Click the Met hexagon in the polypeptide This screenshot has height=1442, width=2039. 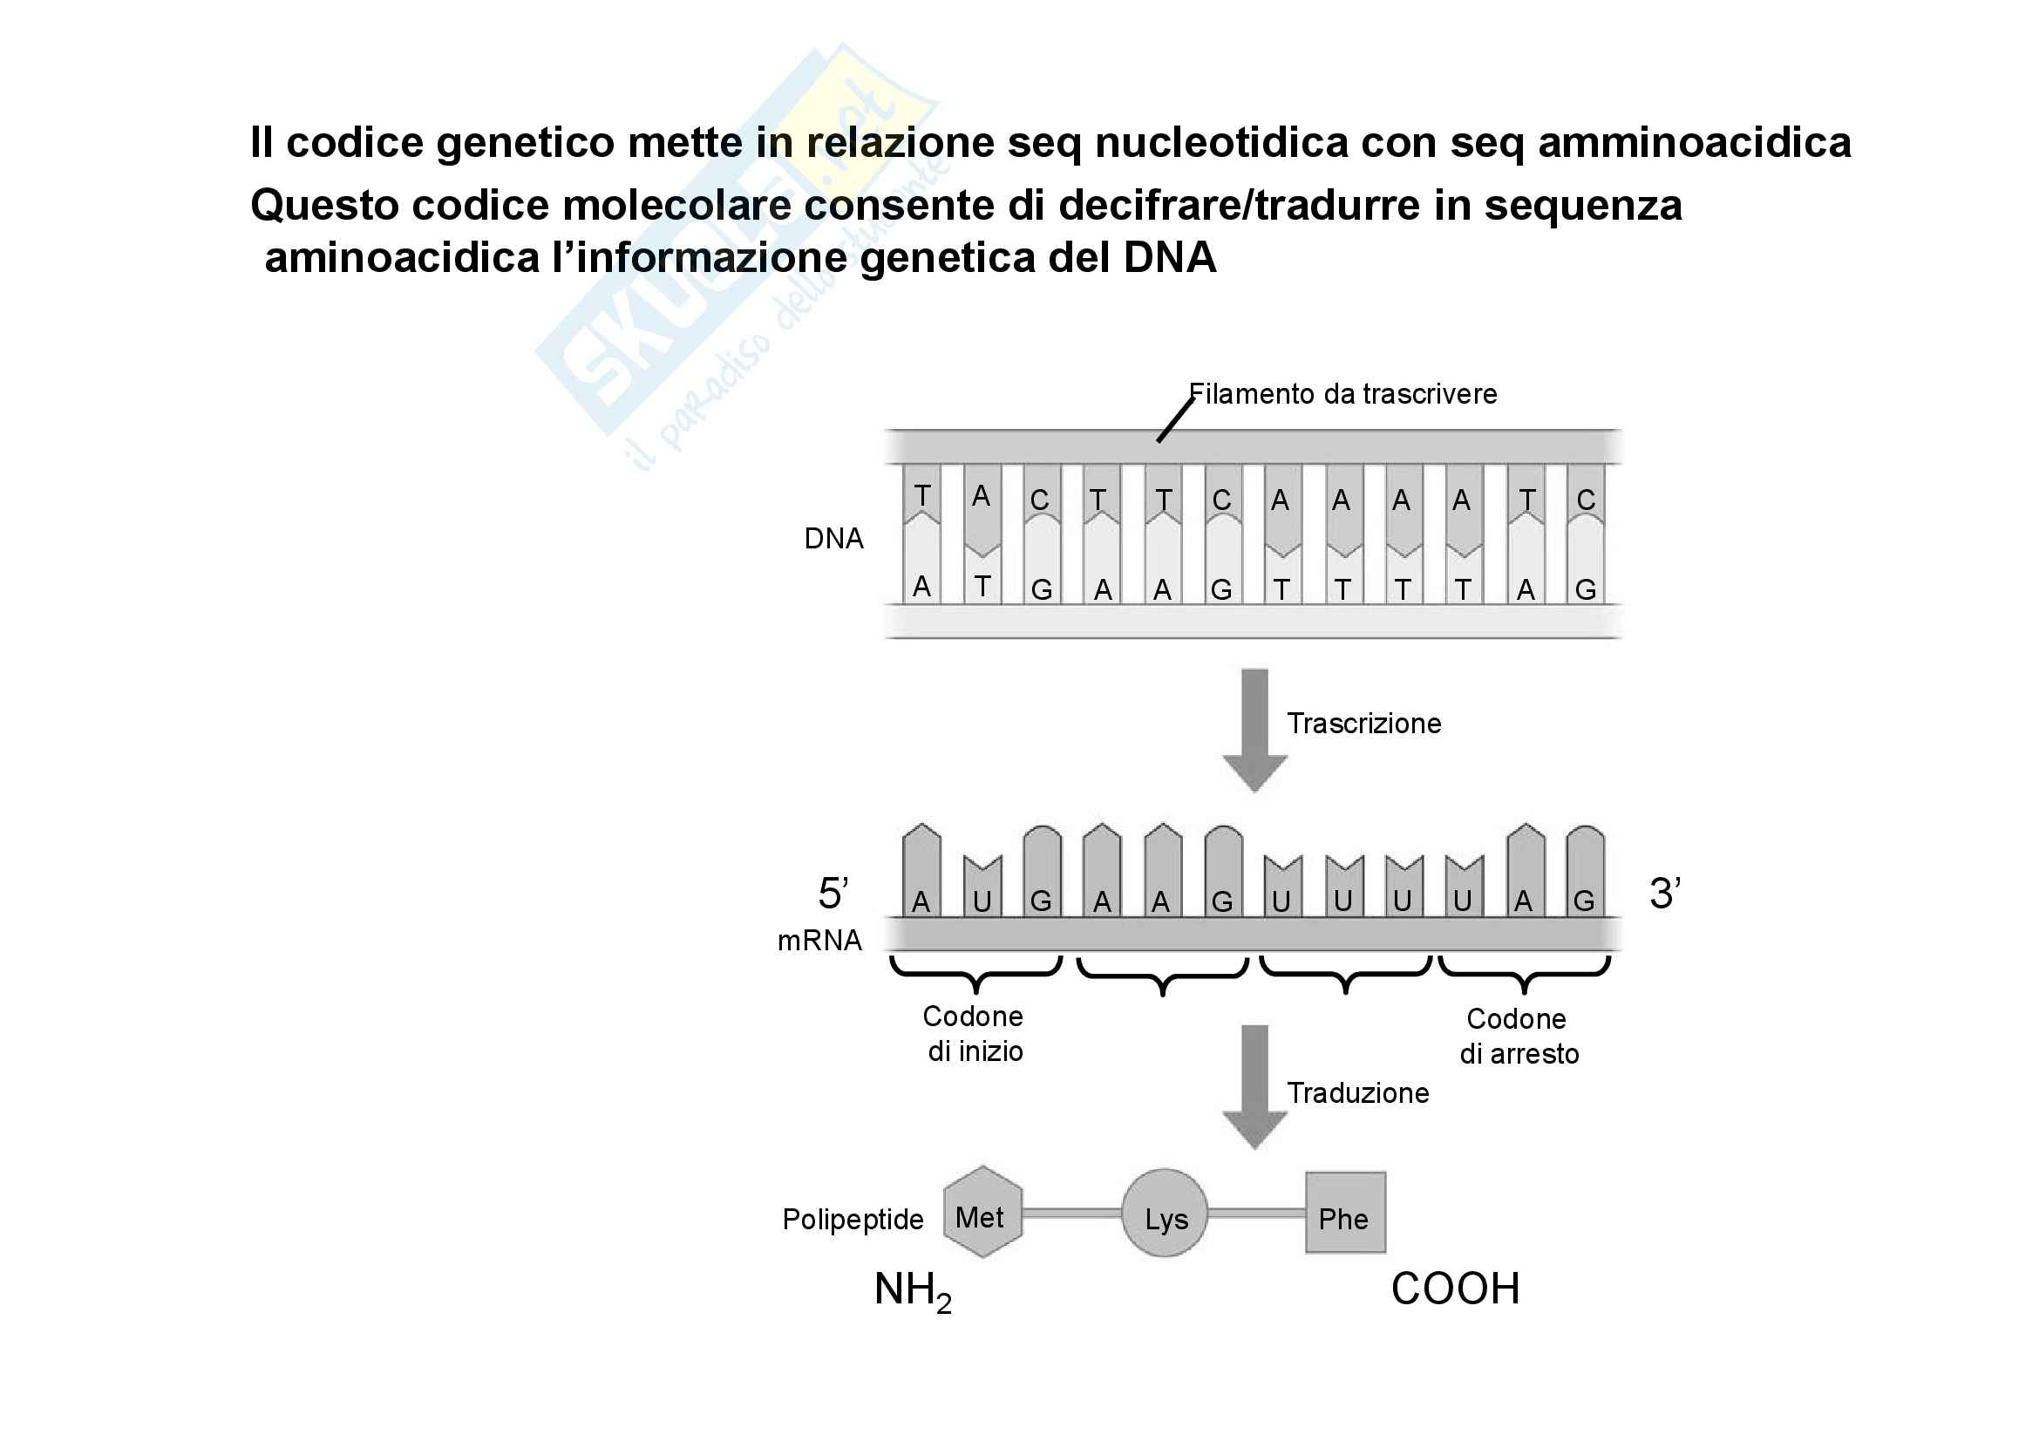982,1214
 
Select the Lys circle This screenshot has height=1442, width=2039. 1166,1214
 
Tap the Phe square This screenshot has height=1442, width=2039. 1344,1214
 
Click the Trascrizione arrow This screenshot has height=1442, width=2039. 1254,729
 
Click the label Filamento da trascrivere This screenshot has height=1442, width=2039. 1342,394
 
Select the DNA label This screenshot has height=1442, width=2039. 833,539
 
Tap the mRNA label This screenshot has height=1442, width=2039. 819,941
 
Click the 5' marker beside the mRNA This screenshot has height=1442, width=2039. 833,894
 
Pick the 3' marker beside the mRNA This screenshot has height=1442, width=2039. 1664,894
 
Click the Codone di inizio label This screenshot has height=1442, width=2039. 975,1035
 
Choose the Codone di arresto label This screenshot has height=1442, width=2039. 1519,1037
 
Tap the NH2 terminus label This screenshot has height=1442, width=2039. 912,1290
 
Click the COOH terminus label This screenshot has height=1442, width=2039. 1456,1289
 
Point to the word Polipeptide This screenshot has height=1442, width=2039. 853,1220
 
